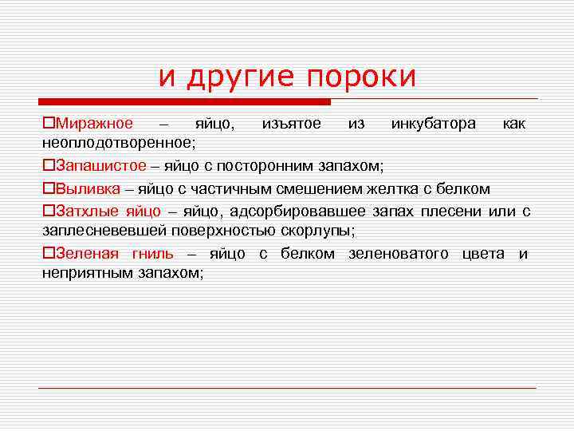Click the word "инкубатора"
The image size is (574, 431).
[434, 124]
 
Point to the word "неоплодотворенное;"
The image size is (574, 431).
[118, 141]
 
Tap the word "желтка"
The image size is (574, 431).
[387, 189]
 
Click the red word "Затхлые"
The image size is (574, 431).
[87, 212]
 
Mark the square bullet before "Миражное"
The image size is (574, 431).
[47, 125]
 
